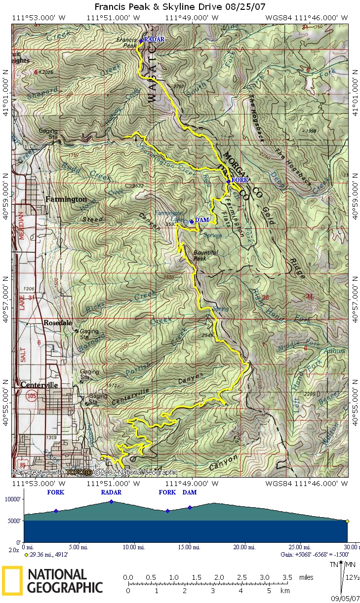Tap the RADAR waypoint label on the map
click(154, 39)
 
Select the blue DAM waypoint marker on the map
click(192, 222)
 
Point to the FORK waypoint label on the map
click(240, 180)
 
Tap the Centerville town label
click(40, 385)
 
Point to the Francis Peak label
click(126, 42)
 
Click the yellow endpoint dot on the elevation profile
click(347, 521)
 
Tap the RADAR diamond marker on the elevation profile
click(111, 501)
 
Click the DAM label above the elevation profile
click(190, 492)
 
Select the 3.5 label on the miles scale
click(287, 577)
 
